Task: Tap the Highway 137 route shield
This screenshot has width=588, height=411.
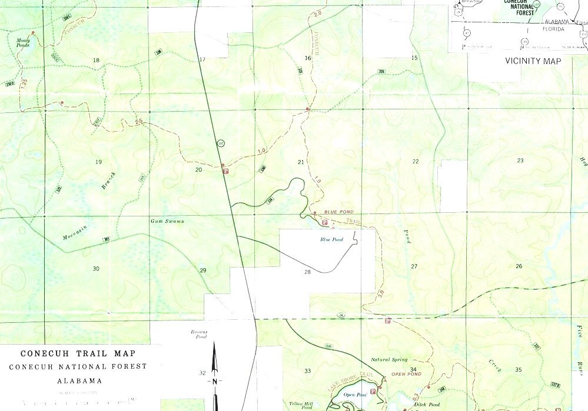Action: (x=221, y=143)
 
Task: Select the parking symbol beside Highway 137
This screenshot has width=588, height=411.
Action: (x=225, y=171)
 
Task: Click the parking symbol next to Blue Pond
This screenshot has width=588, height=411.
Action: (x=324, y=222)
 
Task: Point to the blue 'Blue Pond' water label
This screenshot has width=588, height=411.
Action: (x=331, y=239)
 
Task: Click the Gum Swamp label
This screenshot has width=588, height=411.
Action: (x=167, y=221)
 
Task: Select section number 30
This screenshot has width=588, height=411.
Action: (x=96, y=269)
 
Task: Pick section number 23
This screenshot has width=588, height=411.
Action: (x=520, y=161)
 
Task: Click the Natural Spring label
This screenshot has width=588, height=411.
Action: (x=388, y=359)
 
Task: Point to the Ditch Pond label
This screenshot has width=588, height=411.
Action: (x=427, y=405)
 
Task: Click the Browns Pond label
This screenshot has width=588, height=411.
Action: (x=198, y=335)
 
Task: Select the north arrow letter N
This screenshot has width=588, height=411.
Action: (x=215, y=381)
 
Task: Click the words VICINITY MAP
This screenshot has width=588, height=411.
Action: (x=533, y=61)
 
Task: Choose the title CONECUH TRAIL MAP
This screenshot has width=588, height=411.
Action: (x=78, y=354)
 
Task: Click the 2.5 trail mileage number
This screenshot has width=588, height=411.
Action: (x=139, y=122)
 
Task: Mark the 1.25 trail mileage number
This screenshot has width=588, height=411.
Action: (x=24, y=83)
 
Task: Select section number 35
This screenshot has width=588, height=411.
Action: (x=519, y=370)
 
